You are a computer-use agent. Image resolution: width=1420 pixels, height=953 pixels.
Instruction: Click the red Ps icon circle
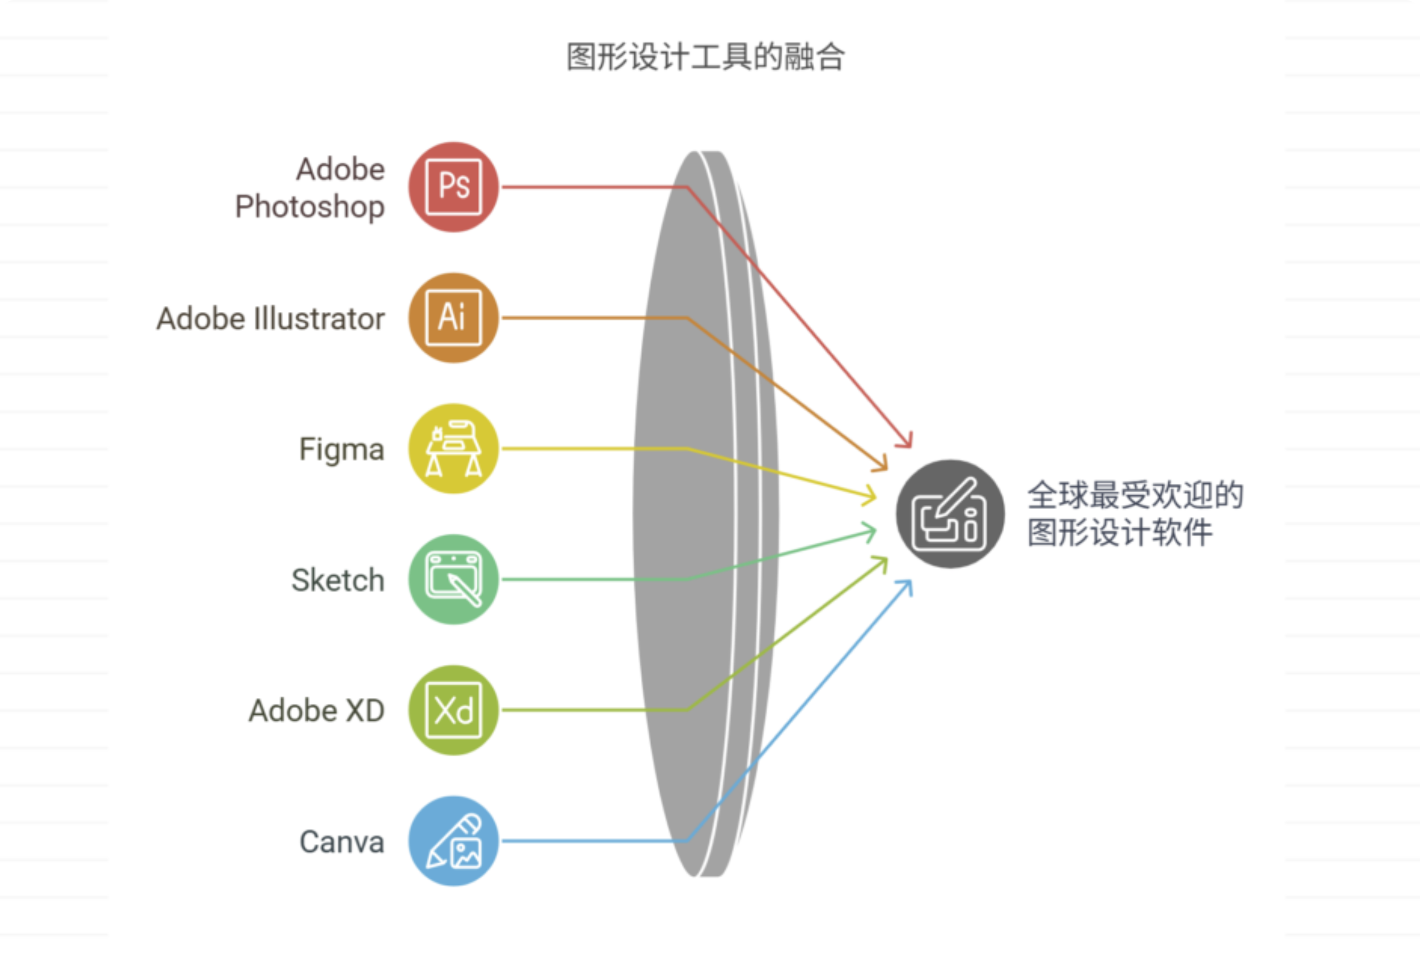point(453,186)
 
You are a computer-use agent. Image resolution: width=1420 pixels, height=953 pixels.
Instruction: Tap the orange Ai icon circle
point(453,318)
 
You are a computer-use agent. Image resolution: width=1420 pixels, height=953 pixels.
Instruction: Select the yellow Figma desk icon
point(453,449)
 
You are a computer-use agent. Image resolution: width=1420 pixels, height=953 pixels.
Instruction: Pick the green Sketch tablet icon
point(453,579)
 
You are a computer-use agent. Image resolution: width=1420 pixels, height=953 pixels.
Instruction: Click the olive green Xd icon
point(453,710)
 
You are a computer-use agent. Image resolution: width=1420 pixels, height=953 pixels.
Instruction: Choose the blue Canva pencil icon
point(453,841)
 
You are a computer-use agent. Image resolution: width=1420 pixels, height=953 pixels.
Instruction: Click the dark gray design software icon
point(950,514)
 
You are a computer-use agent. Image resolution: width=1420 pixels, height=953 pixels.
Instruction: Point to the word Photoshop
point(310,207)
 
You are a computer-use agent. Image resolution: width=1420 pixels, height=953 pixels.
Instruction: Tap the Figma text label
point(341,450)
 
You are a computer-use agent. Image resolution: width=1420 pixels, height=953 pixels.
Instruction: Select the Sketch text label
point(337,580)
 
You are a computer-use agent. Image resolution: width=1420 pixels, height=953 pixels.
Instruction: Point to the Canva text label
point(341,842)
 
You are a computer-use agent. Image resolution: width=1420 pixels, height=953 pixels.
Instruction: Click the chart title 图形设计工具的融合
point(705,57)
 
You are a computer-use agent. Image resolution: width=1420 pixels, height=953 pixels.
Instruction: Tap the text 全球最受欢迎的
point(1135,495)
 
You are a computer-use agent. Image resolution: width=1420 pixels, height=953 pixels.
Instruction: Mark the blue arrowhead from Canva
point(906,586)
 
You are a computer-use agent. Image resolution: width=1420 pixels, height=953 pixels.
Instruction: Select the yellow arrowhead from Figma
point(871,496)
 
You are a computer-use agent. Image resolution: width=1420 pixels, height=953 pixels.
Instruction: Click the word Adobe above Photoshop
point(340,169)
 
